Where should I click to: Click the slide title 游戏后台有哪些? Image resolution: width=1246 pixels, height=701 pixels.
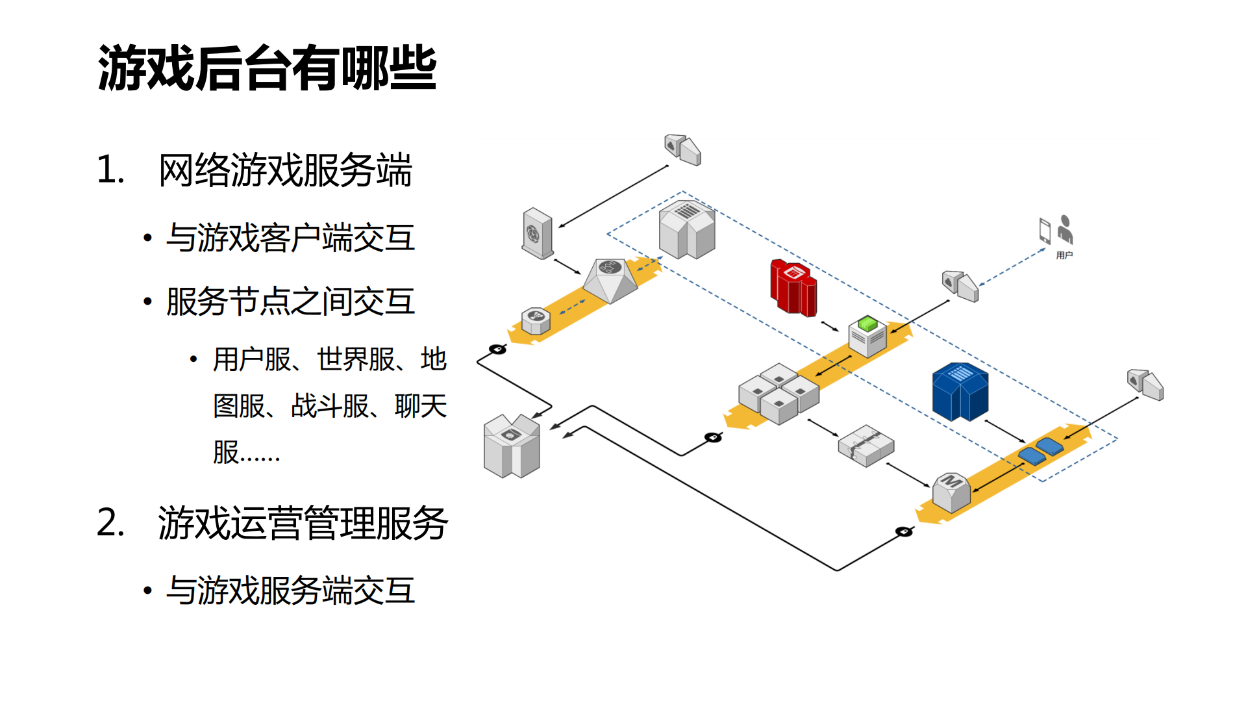click(x=266, y=68)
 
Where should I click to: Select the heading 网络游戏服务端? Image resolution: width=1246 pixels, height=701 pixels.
click(x=285, y=170)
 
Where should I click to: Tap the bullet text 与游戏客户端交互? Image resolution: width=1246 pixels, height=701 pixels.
click(x=290, y=238)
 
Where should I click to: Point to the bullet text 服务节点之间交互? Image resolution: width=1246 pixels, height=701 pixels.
click(x=290, y=301)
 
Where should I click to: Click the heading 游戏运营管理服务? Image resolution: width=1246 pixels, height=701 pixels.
click(x=303, y=523)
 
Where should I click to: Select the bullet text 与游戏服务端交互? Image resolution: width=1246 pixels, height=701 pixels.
click(x=290, y=591)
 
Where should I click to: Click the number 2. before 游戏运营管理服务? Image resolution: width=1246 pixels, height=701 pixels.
click(x=110, y=523)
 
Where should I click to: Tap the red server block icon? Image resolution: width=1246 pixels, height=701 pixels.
click(x=793, y=287)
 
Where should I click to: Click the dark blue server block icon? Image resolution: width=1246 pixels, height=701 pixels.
click(x=960, y=391)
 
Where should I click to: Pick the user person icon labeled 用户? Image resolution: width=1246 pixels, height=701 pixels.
click(x=1065, y=230)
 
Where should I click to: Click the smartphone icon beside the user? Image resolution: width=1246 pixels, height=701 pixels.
click(x=1045, y=231)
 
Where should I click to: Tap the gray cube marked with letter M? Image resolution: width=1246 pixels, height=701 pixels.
click(x=951, y=492)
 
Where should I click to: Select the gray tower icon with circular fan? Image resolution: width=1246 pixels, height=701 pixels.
click(x=538, y=233)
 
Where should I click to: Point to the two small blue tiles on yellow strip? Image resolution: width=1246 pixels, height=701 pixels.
click(x=1041, y=450)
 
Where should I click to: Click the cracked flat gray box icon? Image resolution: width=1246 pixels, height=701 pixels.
click(x=866, y=446)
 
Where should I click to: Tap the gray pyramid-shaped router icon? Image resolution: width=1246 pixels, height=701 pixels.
click(x=610, y=280)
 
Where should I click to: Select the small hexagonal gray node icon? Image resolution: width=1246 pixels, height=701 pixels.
click(x=536, y=321)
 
